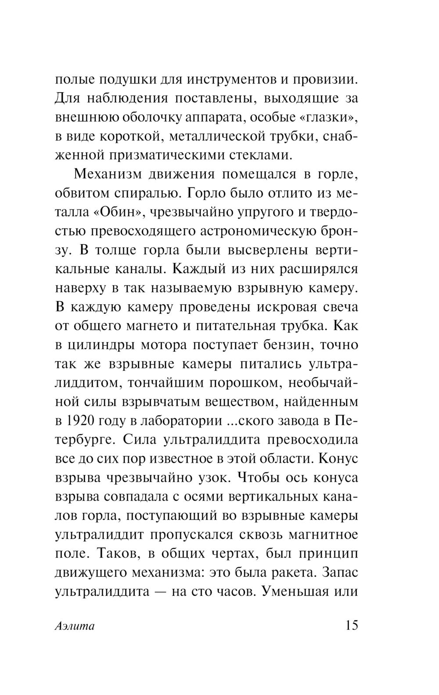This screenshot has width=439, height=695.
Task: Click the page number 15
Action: (349, 625)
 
